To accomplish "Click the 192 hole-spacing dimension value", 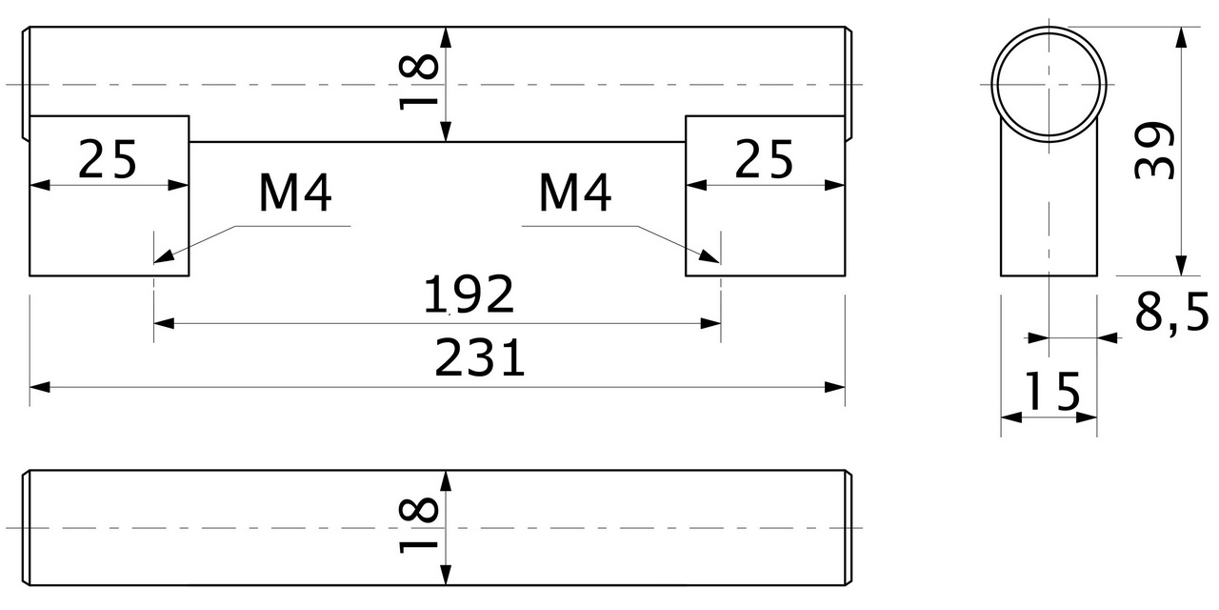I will (469, 295).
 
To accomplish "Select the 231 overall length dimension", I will (480, 359).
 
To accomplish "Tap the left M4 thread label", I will (295, 193).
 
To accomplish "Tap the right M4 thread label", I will (574, 193).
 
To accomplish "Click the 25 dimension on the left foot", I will (107, 159).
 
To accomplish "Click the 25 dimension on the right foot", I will (763, 159).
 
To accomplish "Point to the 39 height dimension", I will (1153, 151).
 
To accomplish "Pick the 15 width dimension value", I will (1051, 391).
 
